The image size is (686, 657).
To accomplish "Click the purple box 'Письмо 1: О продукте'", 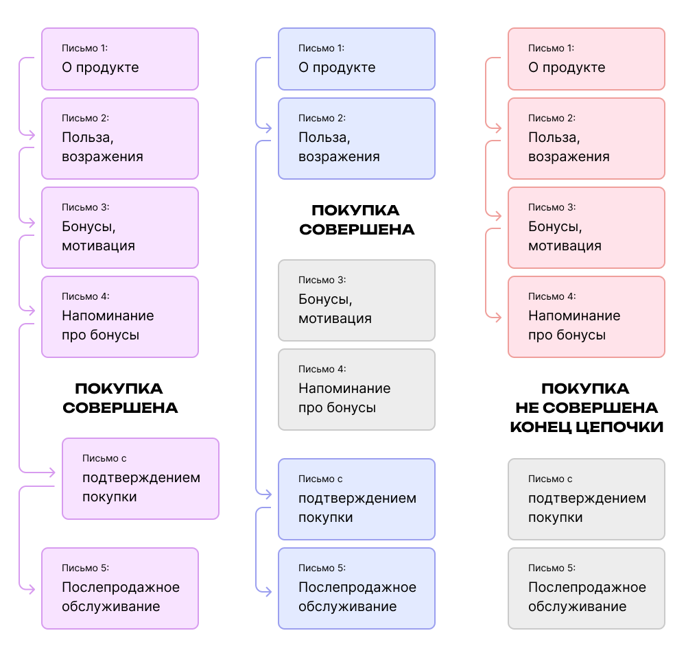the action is (x=120, y=59).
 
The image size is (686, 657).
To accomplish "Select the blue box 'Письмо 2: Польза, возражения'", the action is (x=357, y=139).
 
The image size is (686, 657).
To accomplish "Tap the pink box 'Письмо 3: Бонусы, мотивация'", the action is (x=587, y=228).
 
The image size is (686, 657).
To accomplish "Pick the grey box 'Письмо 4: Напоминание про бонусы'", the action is (x=357, y=390).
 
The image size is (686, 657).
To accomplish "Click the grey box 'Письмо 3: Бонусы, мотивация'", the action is (x=357, y=300).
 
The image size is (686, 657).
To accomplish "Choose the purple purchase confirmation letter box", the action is (x=141, y=479).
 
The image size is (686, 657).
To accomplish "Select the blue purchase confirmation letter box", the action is (x=357, y=499).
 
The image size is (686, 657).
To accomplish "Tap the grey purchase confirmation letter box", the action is (x=587, y=499).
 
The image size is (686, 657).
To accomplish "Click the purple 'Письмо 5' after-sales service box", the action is (x=120, y=588).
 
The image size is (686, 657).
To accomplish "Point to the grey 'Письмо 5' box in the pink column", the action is (x=587, y=588).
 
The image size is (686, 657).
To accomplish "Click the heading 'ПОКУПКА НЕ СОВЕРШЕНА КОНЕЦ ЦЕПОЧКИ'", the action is (x=587, y=407).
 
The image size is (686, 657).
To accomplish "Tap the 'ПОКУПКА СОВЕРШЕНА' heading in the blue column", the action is (x=357, y=219).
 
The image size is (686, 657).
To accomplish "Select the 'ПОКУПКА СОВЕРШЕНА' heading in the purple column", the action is (x=120, y=398).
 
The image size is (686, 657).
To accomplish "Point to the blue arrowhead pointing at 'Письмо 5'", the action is (x=268, y=592).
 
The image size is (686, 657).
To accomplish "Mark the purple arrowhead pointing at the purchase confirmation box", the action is (x=51, y=473).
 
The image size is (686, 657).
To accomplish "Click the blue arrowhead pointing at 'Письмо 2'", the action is (x=268, y=128).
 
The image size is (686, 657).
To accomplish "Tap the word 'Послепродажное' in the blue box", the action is (x=357, y=587).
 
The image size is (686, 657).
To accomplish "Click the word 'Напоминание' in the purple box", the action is (x=108, y=315).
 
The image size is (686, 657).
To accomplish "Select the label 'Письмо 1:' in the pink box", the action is (x=551, y=48).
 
